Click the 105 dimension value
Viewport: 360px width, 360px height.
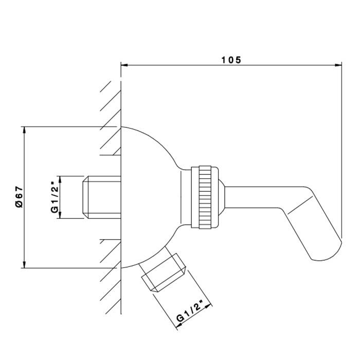231,60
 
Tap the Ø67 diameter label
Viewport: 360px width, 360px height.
19,197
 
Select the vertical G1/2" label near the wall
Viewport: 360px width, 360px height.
55,197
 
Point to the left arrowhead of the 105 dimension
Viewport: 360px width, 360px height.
124,65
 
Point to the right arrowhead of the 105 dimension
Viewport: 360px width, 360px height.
338,65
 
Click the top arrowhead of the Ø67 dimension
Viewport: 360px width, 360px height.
24,130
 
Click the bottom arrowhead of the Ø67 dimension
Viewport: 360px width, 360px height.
24,264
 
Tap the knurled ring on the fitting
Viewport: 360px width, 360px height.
205,197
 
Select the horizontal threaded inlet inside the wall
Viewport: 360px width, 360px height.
102,197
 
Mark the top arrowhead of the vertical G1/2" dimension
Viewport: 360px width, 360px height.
60,179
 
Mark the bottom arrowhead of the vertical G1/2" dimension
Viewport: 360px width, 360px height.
60,215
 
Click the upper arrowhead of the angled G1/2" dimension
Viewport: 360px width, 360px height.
208,306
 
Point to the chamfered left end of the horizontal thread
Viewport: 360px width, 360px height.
85,197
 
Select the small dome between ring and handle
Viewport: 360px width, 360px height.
221,197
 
